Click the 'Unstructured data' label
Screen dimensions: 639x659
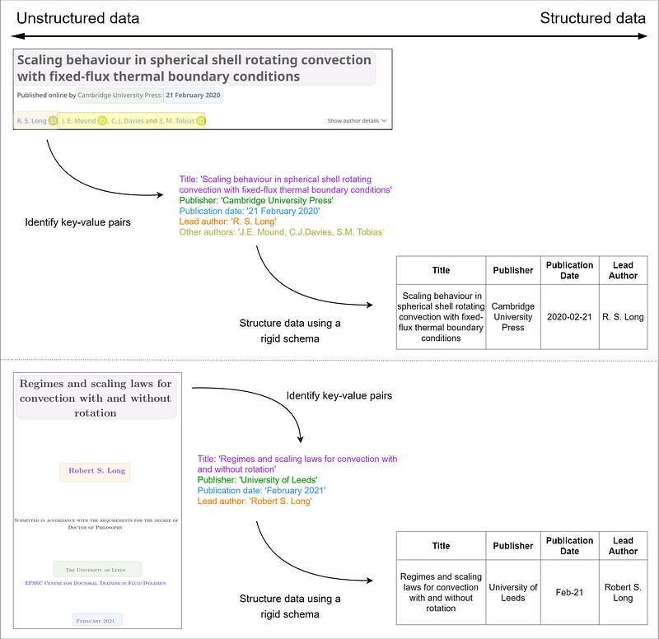(77, 18)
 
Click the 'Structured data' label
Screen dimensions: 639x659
(592, 18)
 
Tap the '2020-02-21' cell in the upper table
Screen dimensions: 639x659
(569, 316)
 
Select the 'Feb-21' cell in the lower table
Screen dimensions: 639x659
(569, 592)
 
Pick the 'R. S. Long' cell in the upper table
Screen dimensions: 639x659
(623, 316)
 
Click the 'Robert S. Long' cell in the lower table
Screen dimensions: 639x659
(623, 592)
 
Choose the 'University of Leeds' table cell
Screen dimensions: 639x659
(512, 592)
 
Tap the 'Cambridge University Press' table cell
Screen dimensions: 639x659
(512, 316)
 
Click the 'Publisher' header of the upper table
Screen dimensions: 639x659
(512, 270)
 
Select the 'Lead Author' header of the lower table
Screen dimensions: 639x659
(623, 546)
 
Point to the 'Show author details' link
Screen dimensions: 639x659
(356, 121)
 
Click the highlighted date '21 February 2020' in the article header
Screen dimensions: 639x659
(193, 95)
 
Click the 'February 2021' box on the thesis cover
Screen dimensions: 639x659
(98, 619)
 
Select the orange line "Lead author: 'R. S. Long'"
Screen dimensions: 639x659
(227, 222)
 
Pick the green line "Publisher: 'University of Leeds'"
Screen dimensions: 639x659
(257, 480)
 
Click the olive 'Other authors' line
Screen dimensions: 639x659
(282, 232)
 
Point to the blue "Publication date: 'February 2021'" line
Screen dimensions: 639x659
(261, 491)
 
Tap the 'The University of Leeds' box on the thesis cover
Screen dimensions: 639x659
(98, 569)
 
